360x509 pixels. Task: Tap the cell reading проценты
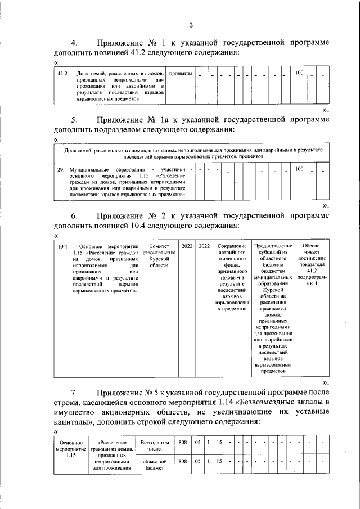point(180,74)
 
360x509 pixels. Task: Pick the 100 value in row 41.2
point(299,74)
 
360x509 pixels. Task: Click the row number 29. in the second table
point(61,169)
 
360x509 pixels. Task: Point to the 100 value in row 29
point(299,169)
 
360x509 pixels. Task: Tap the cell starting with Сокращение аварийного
point(232,278)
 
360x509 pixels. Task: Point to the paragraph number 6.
point(74,216)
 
